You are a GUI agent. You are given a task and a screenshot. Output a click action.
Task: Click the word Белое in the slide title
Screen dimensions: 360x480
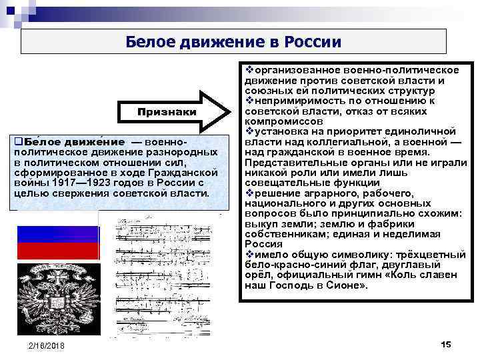(x=148, y=42)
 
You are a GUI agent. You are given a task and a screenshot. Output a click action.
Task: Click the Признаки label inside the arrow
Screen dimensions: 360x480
(x=167, y=112)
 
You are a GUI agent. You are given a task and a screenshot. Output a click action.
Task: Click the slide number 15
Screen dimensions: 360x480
(x=446, y=344)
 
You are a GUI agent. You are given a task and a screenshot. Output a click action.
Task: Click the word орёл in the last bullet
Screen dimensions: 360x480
(x=258, y=275)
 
